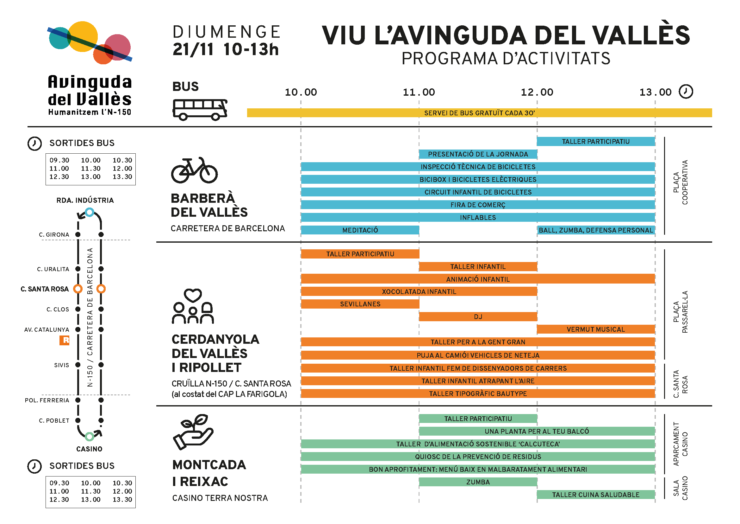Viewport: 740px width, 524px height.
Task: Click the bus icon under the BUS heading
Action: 200,110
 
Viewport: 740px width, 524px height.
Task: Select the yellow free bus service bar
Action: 479,113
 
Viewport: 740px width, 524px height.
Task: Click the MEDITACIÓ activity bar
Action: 360,230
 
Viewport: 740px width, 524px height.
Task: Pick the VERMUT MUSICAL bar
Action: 596,329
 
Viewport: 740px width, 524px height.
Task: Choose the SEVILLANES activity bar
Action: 360,304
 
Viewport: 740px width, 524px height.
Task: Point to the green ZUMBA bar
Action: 478,482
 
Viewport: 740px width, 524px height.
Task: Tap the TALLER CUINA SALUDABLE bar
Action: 596,495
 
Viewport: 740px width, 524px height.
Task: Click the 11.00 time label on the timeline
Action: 419,93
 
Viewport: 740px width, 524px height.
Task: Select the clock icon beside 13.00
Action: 686,92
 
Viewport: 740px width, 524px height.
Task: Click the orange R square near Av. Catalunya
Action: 65,340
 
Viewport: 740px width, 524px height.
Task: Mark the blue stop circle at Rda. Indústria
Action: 90,212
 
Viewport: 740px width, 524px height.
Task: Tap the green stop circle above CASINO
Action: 90,437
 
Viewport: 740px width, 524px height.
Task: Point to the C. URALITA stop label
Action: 53,269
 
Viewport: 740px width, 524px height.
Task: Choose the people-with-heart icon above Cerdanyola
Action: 193,307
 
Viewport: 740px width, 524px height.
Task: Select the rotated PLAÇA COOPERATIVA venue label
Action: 680,182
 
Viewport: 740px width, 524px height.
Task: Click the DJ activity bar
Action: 478,316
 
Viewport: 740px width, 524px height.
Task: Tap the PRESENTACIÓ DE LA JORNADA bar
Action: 478,154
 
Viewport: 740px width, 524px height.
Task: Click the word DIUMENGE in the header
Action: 227,32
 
